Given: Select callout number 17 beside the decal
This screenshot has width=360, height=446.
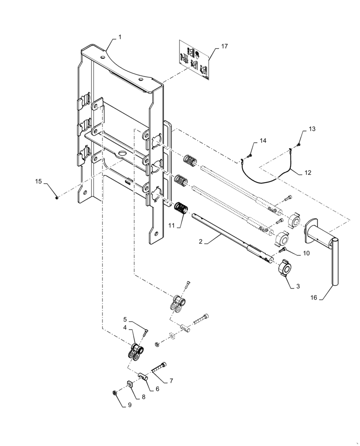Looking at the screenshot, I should (x=224, y=46).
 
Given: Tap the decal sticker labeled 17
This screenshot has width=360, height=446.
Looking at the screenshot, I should (x=194, y=61).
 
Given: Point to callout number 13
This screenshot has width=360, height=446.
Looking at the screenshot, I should (x=312, y=129).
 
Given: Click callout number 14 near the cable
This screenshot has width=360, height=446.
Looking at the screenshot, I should (x=263, y=140).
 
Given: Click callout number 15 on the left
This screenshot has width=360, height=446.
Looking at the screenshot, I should (x=38, y=182).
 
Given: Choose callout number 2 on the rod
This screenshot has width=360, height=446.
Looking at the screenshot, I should (x=201, y=241).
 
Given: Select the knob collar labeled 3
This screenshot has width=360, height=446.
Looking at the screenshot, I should (x=286, y=271).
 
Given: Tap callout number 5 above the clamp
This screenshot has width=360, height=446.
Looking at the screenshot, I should (x=125, y=319).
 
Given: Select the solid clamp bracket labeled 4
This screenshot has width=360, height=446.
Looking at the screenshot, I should (x=135, y=353).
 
